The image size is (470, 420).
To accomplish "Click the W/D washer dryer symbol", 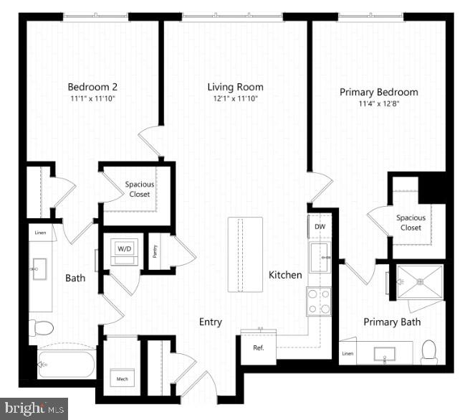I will click(x=125, y=249).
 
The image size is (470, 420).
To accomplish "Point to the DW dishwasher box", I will click(x=320, y=227).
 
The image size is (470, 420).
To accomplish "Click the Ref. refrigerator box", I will click(x=258, y=348).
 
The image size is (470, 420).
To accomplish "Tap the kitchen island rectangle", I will click(x=246, y=254).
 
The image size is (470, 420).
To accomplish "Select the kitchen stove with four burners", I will click(x=319, y=302).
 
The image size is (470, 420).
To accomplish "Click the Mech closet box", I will click(x=119, y=378).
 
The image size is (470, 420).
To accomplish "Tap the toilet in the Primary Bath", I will click(x=430, y=350).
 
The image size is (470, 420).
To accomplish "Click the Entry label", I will click(x=211, y=322).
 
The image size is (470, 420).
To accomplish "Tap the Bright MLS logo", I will click(x=34, y=409).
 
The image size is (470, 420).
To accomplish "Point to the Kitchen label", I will click(x=285, y=275).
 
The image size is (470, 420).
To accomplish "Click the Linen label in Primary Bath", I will click(x=347, y=353).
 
